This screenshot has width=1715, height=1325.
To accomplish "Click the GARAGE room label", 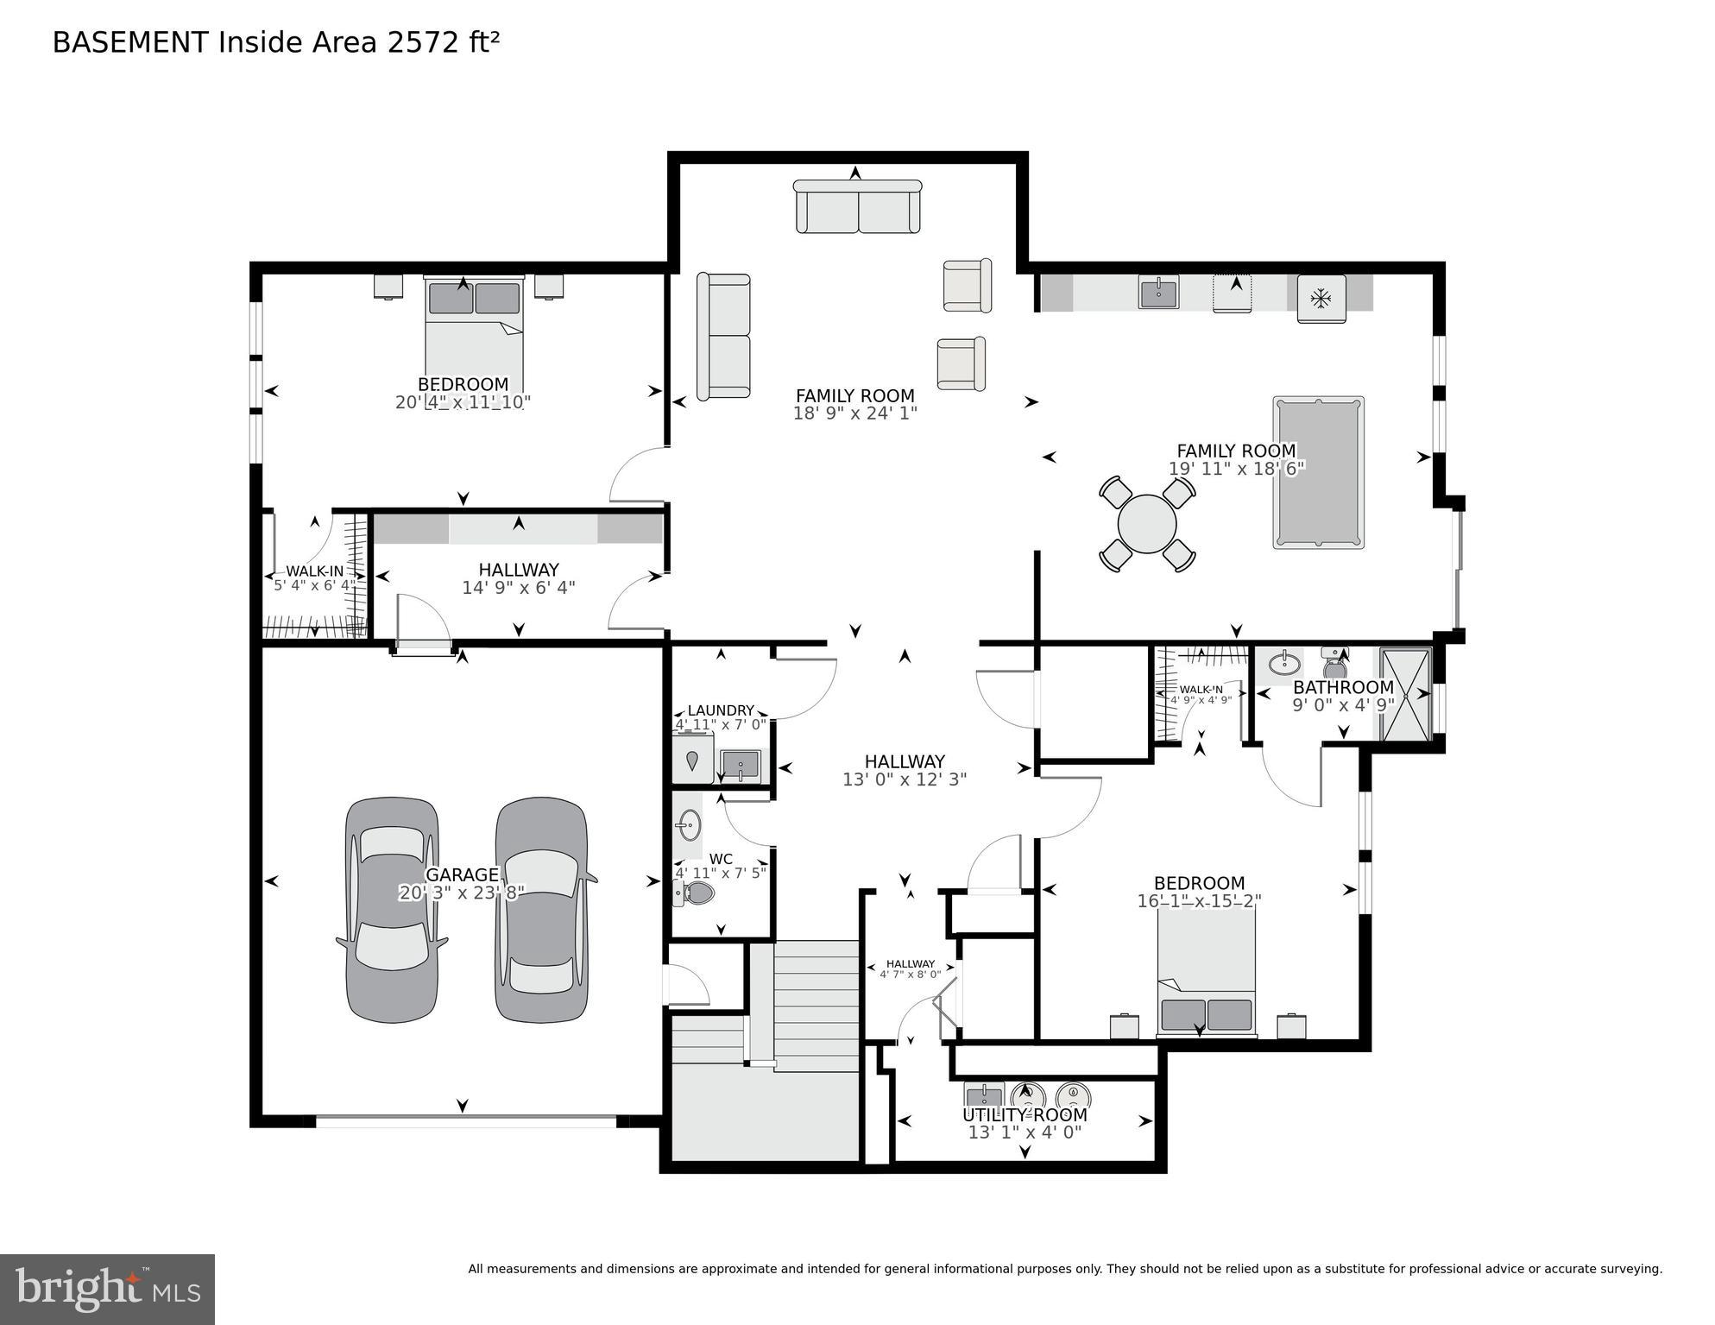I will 462,874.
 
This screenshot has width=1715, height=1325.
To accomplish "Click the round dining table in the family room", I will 1146,524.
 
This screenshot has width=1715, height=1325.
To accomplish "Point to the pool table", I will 1318,472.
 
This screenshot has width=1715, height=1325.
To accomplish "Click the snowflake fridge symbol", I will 1321,299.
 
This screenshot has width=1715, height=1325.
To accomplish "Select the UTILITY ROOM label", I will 1025,1114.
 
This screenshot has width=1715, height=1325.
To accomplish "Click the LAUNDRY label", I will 721,710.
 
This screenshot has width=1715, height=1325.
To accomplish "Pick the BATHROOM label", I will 1343,687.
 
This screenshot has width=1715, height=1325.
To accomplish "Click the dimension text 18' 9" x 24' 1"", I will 854,413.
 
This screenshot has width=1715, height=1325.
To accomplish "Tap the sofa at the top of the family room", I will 857,207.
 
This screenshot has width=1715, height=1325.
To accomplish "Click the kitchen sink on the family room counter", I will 1158,293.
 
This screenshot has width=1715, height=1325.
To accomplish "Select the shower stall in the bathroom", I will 1405,694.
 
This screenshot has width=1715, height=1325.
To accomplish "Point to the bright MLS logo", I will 107,1289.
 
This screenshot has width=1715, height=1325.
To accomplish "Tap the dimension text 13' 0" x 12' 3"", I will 905,779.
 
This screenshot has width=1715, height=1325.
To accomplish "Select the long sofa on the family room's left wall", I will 723,337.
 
